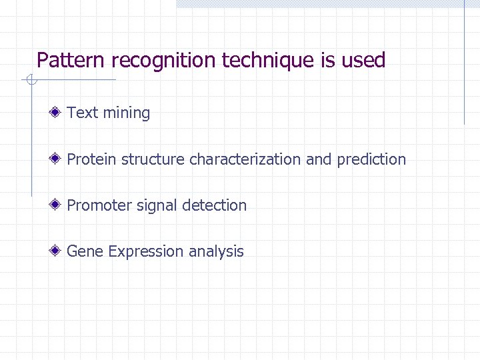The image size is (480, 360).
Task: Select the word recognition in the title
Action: tap(165, 61)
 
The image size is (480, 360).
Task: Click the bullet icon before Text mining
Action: tap(59, 112)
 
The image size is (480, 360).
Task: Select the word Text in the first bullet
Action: tap(83, 113)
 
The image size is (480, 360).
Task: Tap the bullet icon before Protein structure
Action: tap(59, 159)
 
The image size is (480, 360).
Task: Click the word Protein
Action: tap(91, 159)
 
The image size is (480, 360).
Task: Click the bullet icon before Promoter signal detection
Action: tap(59, 205)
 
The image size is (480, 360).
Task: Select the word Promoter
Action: tap(99, 205)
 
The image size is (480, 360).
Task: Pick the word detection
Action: tap(214, 205)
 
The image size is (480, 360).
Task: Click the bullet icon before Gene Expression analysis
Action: tap(59, 251)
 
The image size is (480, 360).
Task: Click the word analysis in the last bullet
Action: tap(216, 252)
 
